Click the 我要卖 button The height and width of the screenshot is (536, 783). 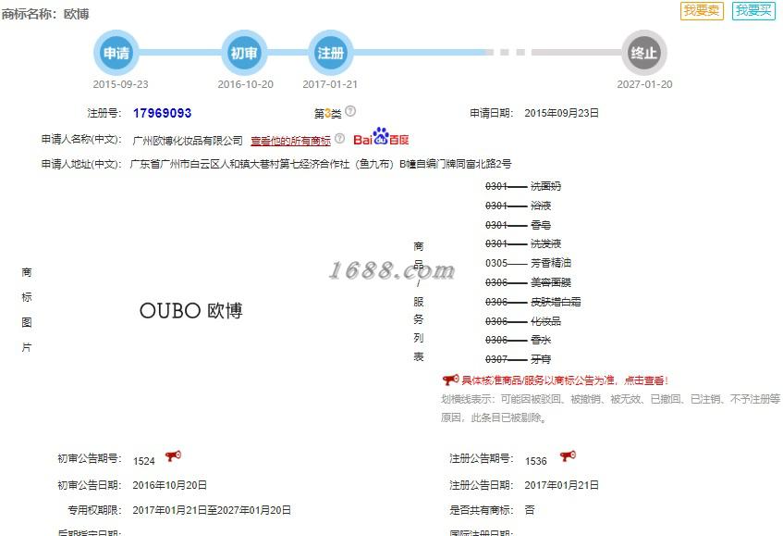[x=702, y=11]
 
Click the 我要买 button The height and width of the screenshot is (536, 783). [x=753, y=11]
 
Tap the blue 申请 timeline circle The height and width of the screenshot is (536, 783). [x=116, y=53]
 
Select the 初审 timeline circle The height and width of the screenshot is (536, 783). [x=244, y=53]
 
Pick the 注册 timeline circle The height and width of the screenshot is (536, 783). [x=330, y=53]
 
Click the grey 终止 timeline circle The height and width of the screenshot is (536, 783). [x=643, y=53]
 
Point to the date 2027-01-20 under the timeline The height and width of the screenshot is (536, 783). [x=644, y=84]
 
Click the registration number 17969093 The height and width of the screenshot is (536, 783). [x=162, y=113]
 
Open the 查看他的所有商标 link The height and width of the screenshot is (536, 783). [x=290, y=141]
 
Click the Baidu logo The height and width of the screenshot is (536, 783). [x=381, y=139]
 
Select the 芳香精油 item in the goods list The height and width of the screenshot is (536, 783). [x=556, y=263]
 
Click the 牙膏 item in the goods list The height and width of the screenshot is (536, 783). [x=541, y=359]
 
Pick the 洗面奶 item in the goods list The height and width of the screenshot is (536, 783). [x=545, y=186]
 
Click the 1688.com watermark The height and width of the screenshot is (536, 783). [x=392, y=270]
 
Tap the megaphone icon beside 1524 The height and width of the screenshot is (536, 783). [x=173, y=456]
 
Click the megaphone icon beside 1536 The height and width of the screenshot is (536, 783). [x=568, y=456]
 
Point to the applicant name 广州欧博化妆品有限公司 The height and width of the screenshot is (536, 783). [x=188, y=141]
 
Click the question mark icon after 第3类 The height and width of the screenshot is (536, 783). [x=350, y=112]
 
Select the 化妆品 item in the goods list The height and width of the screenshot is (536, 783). [x=545, y=321]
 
